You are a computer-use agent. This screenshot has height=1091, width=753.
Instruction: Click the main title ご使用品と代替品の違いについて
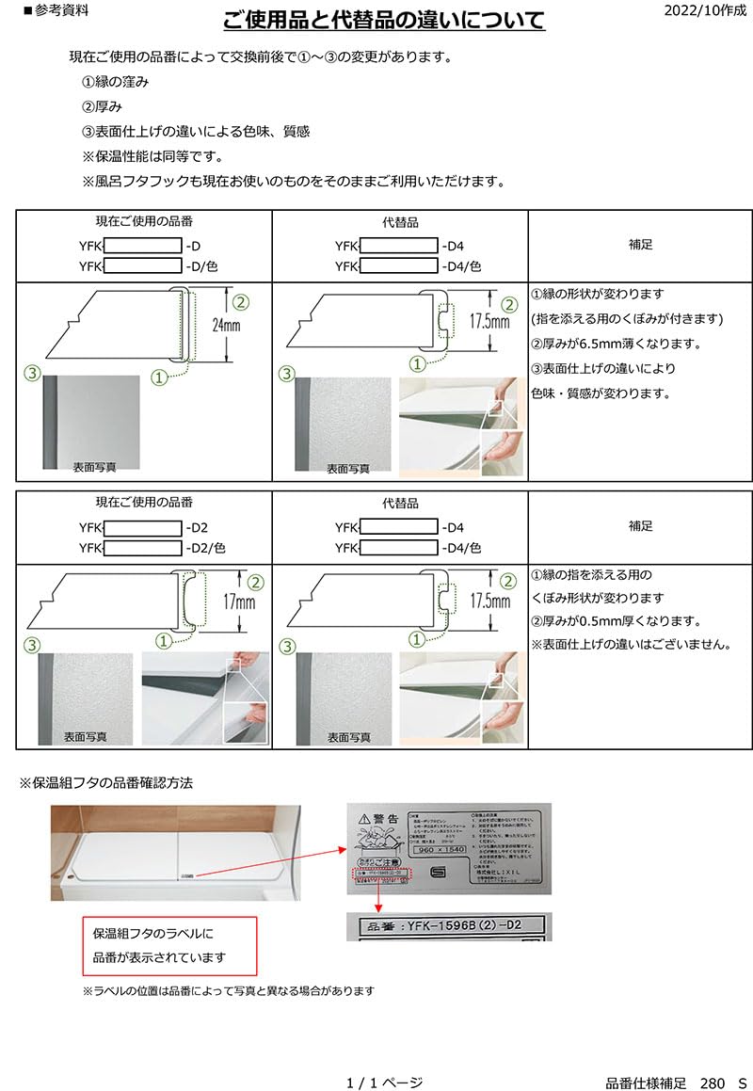point(384,22)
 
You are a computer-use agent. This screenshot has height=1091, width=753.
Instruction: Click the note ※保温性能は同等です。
point(159,156)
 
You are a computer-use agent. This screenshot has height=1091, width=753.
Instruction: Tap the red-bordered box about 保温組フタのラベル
point(168,945)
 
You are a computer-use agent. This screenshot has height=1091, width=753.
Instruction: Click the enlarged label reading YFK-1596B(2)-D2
point(449,925)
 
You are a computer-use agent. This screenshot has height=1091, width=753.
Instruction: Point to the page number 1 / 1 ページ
point(384,1083)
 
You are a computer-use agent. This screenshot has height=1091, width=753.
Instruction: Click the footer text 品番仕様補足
point(646,1083)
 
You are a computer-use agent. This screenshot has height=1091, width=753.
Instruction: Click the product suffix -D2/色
point(205,547)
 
